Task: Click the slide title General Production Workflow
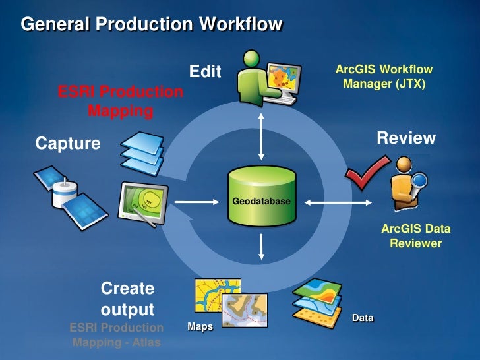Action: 152,25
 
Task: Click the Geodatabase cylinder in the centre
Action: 261,196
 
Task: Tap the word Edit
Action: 205,72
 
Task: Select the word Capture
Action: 68,143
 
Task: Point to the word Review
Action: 406,138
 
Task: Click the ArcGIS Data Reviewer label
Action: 415,237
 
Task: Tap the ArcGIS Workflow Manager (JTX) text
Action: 384,76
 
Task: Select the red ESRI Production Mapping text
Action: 121,101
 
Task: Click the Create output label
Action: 127,299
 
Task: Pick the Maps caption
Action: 200,326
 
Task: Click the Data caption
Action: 363,318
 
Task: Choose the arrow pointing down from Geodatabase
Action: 262,246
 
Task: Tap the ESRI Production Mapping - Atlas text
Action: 117,335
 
